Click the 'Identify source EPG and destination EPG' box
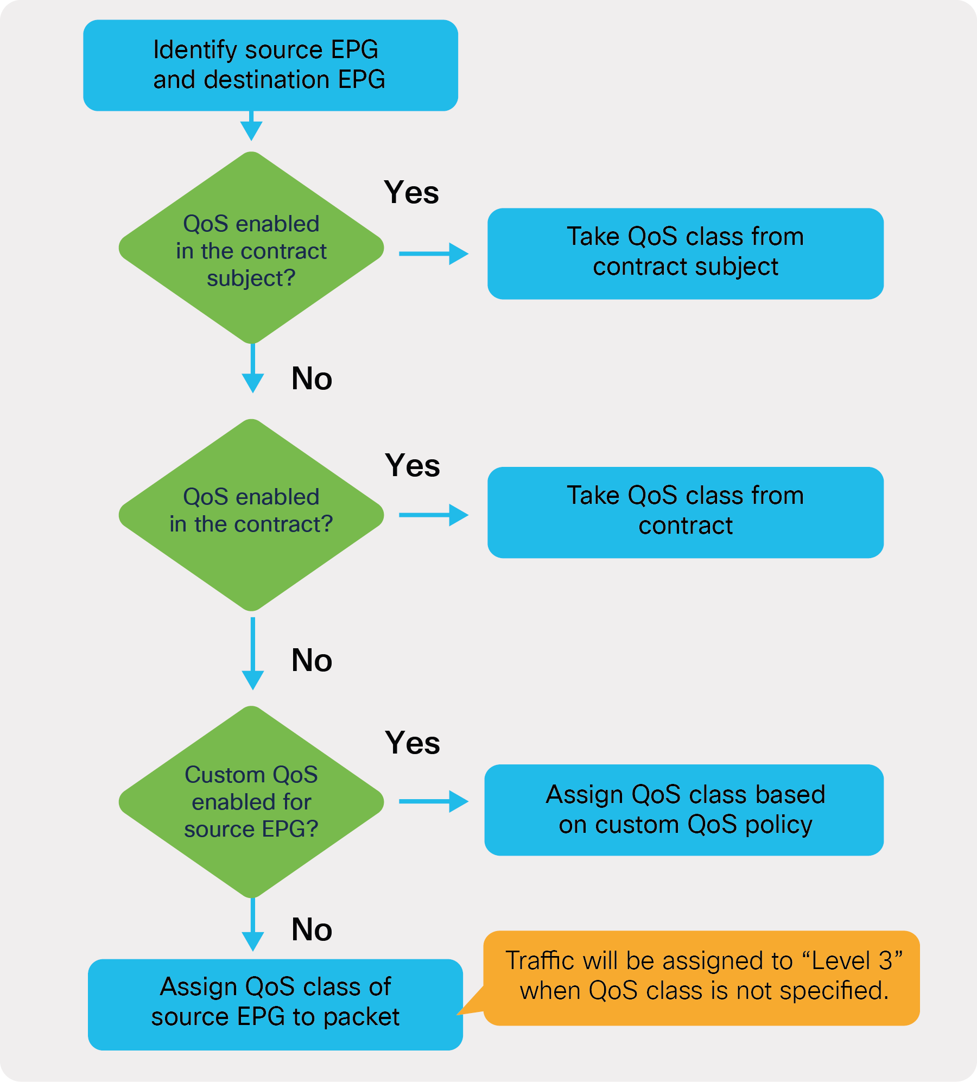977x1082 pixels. (x=270, y=65)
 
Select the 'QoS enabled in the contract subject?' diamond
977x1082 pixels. (x=251, y=248)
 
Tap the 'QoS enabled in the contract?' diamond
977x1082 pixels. (x=251, y=515)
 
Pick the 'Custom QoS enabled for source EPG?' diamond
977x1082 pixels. (x=251, y=802)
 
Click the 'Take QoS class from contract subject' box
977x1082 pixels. (x=685, y=253)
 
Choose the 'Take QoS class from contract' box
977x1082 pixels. (x=685, y=512)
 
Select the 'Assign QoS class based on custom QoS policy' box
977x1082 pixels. (x=684, y=809)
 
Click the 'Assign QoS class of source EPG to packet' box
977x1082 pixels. (x=275, y=1004)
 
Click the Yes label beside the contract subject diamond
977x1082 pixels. (x=411, y=192)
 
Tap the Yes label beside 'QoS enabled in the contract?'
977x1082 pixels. (x=413, y=465)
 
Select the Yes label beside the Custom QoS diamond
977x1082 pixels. (x=413, y=743)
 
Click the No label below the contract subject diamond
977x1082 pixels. (x=312, y=378)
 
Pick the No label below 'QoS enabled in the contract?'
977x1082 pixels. (x=312, y=660)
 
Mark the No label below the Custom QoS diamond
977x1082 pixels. (x=312, y=929)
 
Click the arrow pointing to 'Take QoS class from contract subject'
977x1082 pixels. (x=433, y=254)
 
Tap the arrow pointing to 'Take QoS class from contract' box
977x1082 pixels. (x=433, y=515)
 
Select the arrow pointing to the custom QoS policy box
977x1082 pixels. (x=433, y=801)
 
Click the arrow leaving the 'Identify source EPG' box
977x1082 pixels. (x=251, y=126)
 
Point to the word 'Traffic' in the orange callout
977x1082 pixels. (x=540, y=960)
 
